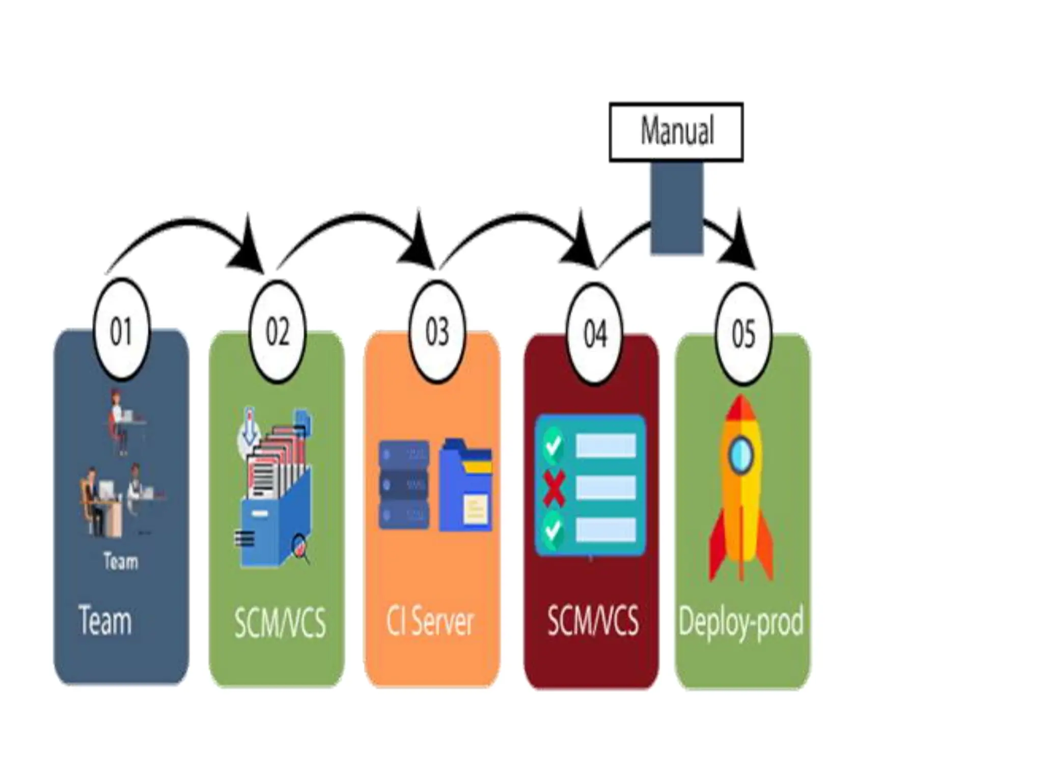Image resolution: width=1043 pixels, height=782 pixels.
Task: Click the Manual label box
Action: click(676, 132)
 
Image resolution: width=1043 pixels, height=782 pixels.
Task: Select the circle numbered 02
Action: click(278, 332)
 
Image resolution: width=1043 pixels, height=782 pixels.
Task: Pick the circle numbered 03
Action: click(437, 332)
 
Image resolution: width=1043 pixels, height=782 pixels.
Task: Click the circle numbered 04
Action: click(595, 334)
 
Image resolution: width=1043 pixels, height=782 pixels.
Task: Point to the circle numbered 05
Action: click(743, 334)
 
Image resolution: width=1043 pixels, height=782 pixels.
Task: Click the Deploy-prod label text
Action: click(741, 621)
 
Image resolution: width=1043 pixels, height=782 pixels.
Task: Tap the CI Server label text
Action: click(430, 621)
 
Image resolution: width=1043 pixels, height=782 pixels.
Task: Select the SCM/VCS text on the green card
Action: click(280, 622)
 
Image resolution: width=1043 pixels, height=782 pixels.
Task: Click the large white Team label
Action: click(105, 620)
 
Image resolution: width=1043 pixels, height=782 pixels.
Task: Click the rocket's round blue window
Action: click(740, 456)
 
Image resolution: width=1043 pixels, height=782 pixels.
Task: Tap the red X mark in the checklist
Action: click(554, 488)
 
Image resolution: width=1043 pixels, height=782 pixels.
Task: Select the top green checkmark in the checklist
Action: click(553, 445)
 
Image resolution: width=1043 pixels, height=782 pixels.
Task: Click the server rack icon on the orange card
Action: click(403, 485)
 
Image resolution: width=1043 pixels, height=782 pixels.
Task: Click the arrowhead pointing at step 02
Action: click(249, 252)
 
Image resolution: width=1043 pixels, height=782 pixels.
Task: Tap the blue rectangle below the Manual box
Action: click(677, 208)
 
